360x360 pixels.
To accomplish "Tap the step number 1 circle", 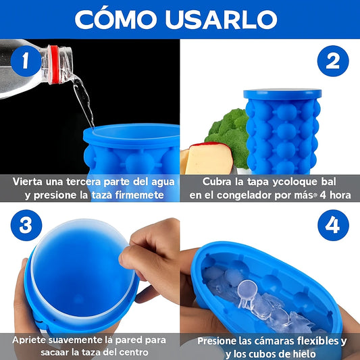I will pos(25,61).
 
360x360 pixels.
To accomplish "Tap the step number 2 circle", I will pos(332,61).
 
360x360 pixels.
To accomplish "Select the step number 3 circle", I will pos(25,225).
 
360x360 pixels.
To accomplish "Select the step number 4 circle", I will pos(332,225).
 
